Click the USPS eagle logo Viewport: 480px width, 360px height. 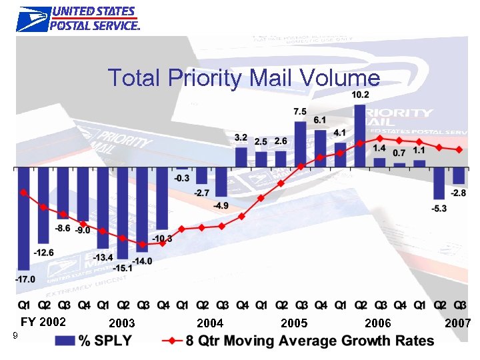[32, 19]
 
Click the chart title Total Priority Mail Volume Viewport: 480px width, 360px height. [244, 78]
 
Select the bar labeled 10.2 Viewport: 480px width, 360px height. [360, 135]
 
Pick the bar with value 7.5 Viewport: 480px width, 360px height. [301, 143]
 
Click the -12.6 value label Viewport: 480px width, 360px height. [44, 252]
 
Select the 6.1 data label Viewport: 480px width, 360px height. [320, 120]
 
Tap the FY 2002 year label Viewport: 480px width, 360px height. [43, 322]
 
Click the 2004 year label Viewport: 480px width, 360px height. [210, 323]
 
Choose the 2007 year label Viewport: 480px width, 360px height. [458, 323]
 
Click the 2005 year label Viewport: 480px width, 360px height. [294, 323]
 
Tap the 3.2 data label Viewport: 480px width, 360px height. [241, 137]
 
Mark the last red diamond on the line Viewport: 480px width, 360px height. [459, 149]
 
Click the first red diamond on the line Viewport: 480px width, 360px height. [24, 192]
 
